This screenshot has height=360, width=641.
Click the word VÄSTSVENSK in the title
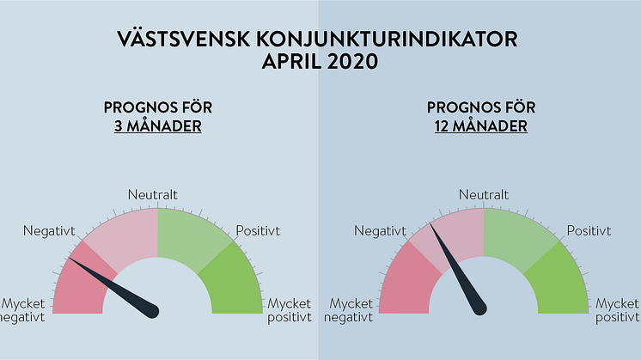[x=184, y=39]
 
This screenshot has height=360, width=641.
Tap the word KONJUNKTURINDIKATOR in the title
[x=387, y=40]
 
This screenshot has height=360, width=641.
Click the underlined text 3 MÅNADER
[x=158, y=125]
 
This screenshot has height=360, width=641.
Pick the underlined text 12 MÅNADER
[x=481, y=125]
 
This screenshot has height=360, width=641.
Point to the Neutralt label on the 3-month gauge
[x=153, y=194]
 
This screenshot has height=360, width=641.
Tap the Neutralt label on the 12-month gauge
[x=484, y=194]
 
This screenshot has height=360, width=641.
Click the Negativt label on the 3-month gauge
[x=49, y=231]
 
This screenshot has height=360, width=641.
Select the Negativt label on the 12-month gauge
[x=380, y=231]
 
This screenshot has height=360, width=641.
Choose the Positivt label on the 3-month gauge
[x=258, y=231]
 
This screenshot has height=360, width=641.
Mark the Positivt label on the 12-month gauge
[x=589, y=231]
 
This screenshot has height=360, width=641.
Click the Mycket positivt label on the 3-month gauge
[x=290, y=310]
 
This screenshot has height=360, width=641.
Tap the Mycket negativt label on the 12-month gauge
[x=349, y=310]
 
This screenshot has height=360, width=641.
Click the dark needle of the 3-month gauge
[x=113, y=287]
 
